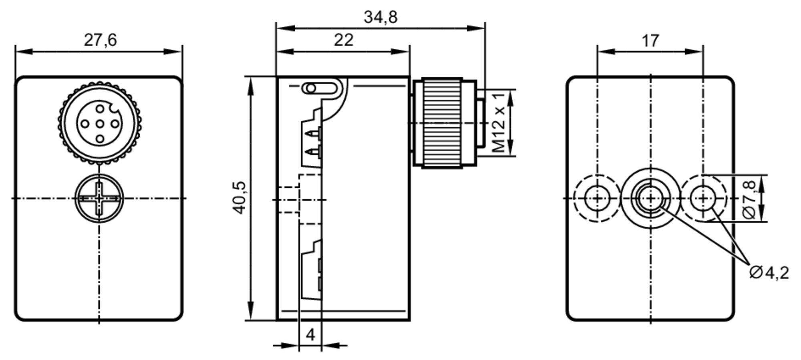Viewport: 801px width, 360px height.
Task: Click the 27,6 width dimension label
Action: coord(100,40)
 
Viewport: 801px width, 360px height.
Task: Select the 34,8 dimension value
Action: coord(380,17)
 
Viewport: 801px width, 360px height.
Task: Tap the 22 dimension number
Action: coord(344,40)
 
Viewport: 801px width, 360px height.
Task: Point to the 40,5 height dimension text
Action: coord(239,198)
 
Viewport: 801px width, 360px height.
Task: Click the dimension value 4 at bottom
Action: coord(310,334)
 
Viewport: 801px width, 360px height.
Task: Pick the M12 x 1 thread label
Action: coord(499,123)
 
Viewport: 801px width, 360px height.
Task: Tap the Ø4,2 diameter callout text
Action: coord(769,273)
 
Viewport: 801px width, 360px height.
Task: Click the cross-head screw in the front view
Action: coord(99,198)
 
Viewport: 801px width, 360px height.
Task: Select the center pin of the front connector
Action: coord(100,124)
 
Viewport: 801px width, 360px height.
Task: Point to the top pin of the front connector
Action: coord(100,109)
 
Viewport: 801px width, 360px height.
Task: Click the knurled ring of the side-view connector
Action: coord(443,123)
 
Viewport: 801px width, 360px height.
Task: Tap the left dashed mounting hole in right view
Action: coord(597,198)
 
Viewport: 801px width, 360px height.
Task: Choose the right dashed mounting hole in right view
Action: coord(703,198)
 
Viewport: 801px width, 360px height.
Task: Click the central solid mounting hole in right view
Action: coord(650,198)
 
